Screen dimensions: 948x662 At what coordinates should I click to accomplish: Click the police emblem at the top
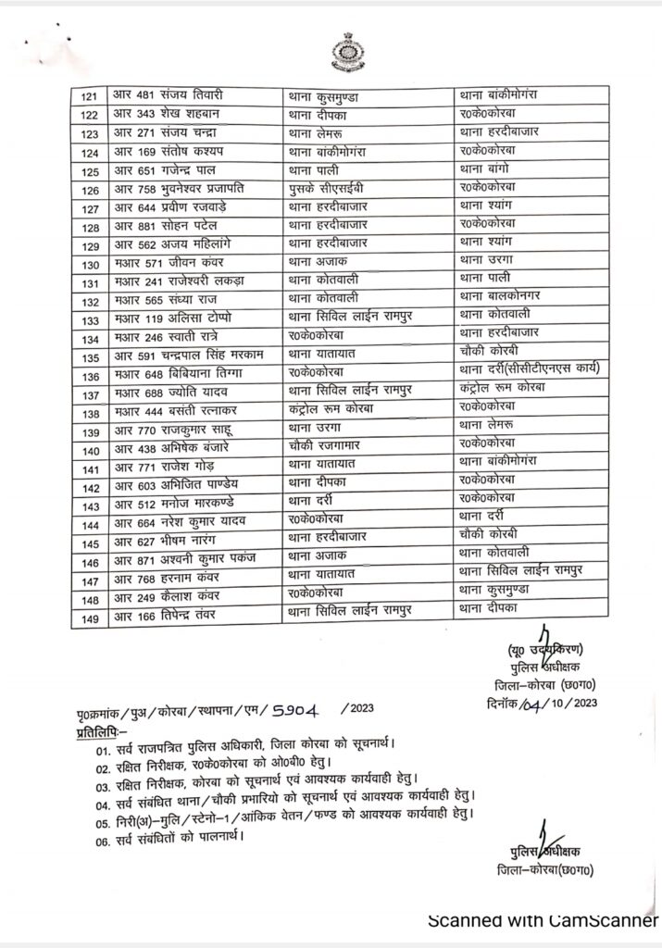[x=347, y=53]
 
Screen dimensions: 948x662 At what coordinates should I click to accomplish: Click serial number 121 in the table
[x=90, y=95]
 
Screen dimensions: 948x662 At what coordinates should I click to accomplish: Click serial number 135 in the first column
[x=90, y=357]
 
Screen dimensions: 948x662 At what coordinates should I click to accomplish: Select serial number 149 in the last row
[x=90, y=615]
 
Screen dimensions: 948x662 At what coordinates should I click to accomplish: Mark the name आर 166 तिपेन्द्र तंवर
[x=165, y=615]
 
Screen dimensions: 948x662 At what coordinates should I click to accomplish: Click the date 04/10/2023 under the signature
[x=558, y=703]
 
